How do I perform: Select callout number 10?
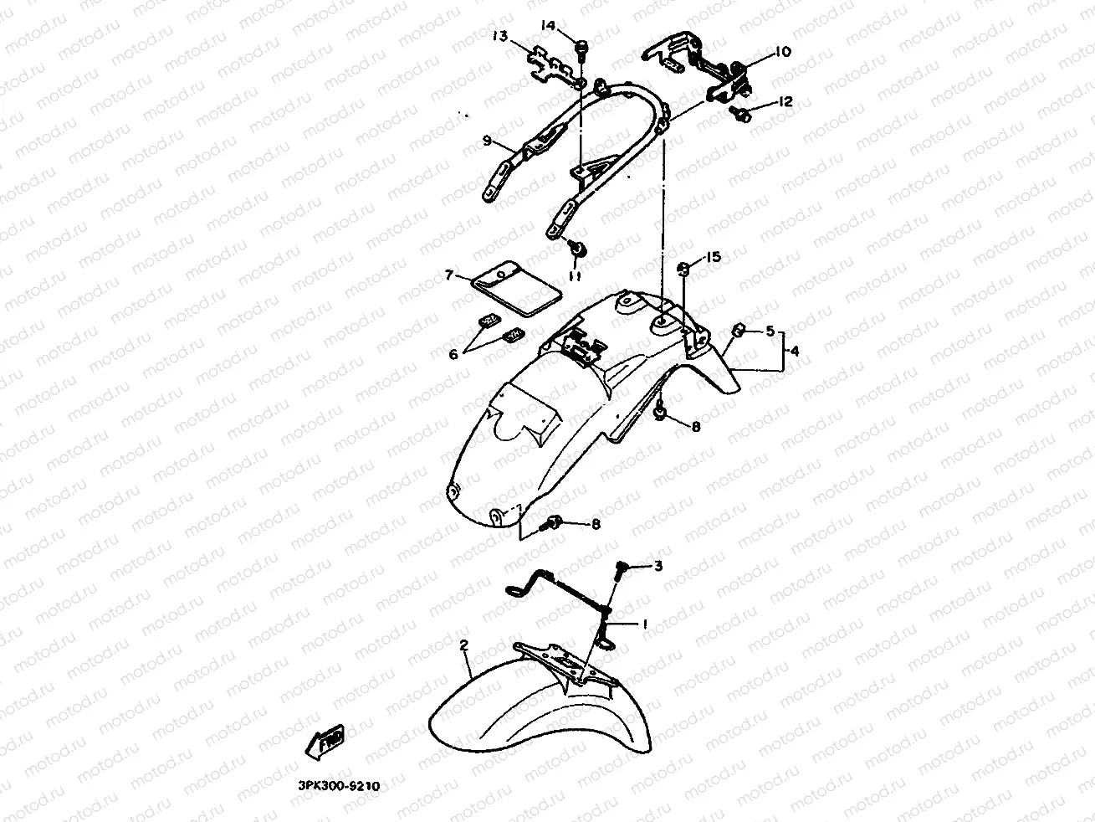[781, 52]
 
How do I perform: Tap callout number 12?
[785, 102]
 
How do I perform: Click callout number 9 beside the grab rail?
[486, 141]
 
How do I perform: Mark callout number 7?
[449, 275]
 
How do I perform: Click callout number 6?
[453, 354]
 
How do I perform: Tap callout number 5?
[770, 331]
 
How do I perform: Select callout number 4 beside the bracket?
[794, 352]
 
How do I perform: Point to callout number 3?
[658, 567]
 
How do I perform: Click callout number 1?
[644, 624]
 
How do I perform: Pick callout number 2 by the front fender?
[463, 645]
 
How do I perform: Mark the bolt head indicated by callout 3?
[622, 569]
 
